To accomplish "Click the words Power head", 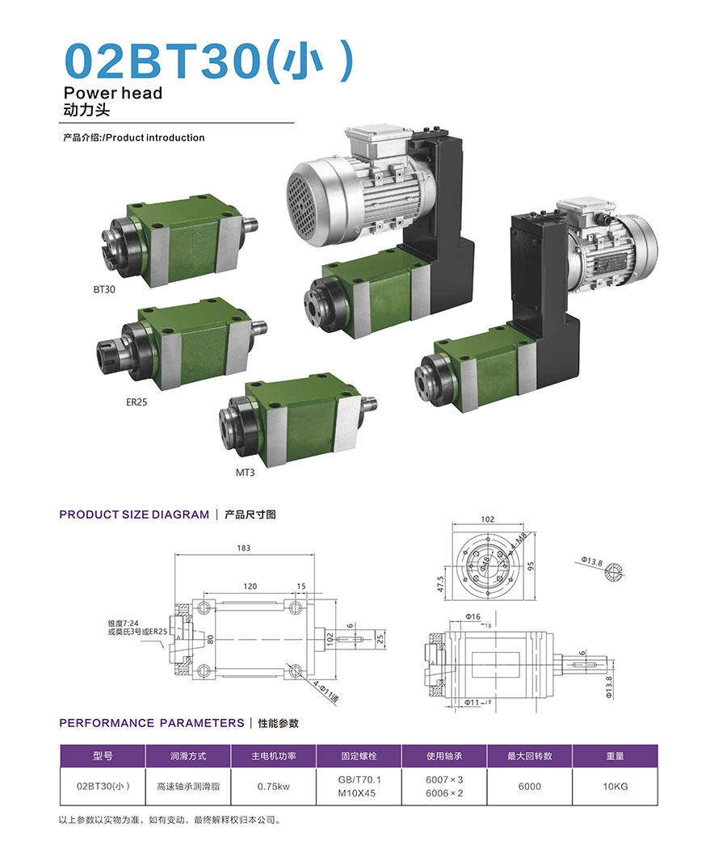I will coord(112,93).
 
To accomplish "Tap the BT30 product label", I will coord(105,288).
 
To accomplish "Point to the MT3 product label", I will coord(245,472).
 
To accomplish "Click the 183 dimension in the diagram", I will coord(244,549).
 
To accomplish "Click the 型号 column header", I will coord(103,756).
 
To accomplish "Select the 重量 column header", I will coord(615,756).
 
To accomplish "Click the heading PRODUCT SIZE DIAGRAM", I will coord(134,514).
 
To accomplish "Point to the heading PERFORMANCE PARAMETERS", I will coord(152,723).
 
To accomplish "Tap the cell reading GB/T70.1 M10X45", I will coord(359,786).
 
